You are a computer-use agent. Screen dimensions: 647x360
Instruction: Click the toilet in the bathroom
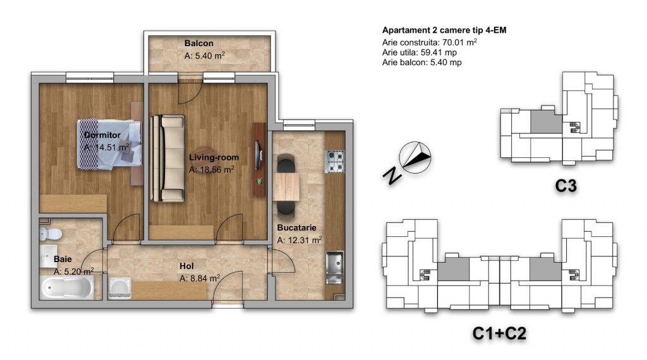click(51, 234)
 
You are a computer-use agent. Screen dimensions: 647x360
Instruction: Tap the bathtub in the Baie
click(67, 287)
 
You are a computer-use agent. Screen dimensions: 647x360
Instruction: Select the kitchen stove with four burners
click(335, 161)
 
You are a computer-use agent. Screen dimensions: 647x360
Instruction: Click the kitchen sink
click(334, 268)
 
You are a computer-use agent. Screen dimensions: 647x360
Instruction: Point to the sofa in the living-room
click(167, 159)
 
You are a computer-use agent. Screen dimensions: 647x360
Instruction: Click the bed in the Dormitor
click(109, 144)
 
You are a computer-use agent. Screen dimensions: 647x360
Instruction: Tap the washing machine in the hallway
click(119, 288)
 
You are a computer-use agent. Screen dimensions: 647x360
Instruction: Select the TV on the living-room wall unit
click(257, 155)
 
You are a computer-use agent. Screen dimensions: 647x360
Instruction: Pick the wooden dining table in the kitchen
click(286, 186)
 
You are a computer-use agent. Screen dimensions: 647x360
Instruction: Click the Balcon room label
click(199, 44)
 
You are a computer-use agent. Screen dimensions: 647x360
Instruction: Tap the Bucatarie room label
click(297, 227)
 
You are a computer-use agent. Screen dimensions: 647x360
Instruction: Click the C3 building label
click(565, 186)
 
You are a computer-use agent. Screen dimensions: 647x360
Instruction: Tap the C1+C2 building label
click(499, 333)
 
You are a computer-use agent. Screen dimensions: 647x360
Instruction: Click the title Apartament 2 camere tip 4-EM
click(444, 30)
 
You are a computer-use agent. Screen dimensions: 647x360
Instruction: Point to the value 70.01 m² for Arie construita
click(460, 42)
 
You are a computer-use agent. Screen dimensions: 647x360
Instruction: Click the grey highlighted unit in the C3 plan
click(546, 121)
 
